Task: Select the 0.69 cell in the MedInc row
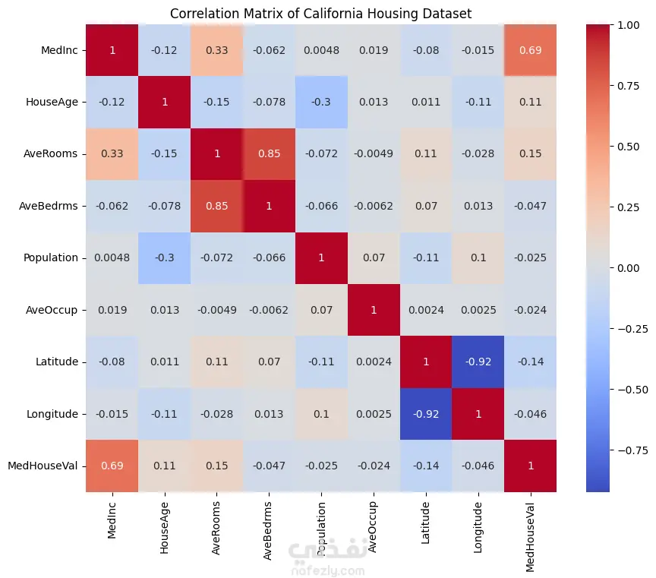(x=530, y=50)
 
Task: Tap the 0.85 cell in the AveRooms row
(x=269, y=153)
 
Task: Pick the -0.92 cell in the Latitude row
(x=478, y=362)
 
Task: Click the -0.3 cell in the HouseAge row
(x=321, y=102)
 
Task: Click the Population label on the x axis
(x=321, y=523)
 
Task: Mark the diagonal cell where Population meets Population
(x=321, y=257)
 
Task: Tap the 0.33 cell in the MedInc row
(x=216, y=50)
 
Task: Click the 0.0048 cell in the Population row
(x=112, y=257)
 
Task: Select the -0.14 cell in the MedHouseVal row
(x=426, y=466)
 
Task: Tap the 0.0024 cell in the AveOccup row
(x=426, y=310)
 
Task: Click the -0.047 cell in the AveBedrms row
(x=530, y=206)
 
